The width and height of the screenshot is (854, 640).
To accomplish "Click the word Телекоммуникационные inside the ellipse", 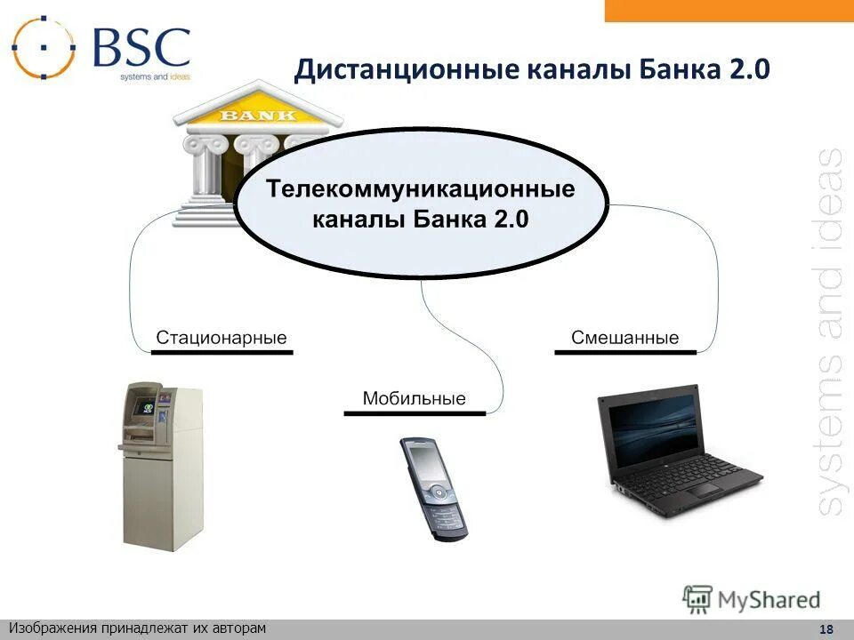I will point(422,189).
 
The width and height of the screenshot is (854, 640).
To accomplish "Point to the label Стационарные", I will point(222,338).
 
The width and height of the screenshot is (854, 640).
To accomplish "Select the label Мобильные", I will point(414,398).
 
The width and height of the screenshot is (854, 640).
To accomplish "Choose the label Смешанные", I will point(624,338).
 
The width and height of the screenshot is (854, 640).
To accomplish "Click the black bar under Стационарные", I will point(222,352).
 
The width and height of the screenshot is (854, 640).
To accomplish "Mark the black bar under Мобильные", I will point(415,412).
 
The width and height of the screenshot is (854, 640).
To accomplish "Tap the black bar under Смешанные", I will point(625,352).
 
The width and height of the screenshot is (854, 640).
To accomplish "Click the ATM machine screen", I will point(142,407).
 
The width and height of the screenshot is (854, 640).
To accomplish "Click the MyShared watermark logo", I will point(752,598).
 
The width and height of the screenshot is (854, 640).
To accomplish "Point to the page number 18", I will point(826,629).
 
